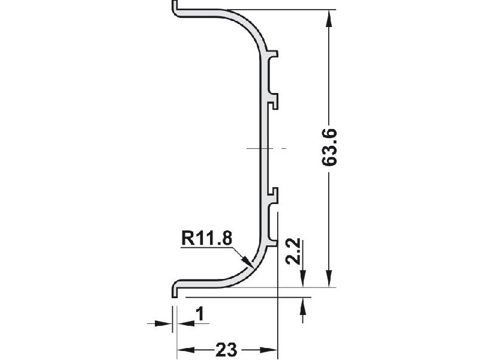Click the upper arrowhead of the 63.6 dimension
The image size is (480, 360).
coord(328,18)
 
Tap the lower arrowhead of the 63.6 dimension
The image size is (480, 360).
coord(328,279)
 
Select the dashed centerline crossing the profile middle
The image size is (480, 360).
coord(266,148)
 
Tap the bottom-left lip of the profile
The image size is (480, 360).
coord(175,289)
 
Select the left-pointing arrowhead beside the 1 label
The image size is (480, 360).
coord(183,323)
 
